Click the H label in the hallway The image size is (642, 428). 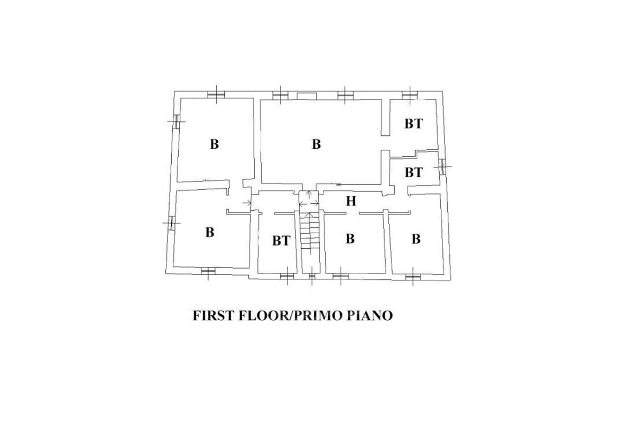tap(351, 201)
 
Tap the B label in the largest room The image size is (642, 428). tap(316, 144)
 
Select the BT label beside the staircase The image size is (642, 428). tap(281, 241)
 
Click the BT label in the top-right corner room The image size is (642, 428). tap(414, 124)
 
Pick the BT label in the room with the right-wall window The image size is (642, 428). tap(414, 173)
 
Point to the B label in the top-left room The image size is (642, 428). tap(215, 144)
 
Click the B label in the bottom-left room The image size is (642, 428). tap(210, 232)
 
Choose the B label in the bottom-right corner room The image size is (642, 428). tap(416, 239)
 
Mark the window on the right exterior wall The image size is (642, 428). tap(444, 166)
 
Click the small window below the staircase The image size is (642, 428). tap(312, 277)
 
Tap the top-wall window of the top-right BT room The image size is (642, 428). tap(410, 95)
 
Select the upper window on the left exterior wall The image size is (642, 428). tap(176, 121)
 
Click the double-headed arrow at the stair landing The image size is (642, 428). tap(309, 203)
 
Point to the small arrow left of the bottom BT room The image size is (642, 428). tap(247, 203)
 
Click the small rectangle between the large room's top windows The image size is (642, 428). tap(307, 96)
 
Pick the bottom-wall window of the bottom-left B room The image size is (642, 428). tap(208, 271)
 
